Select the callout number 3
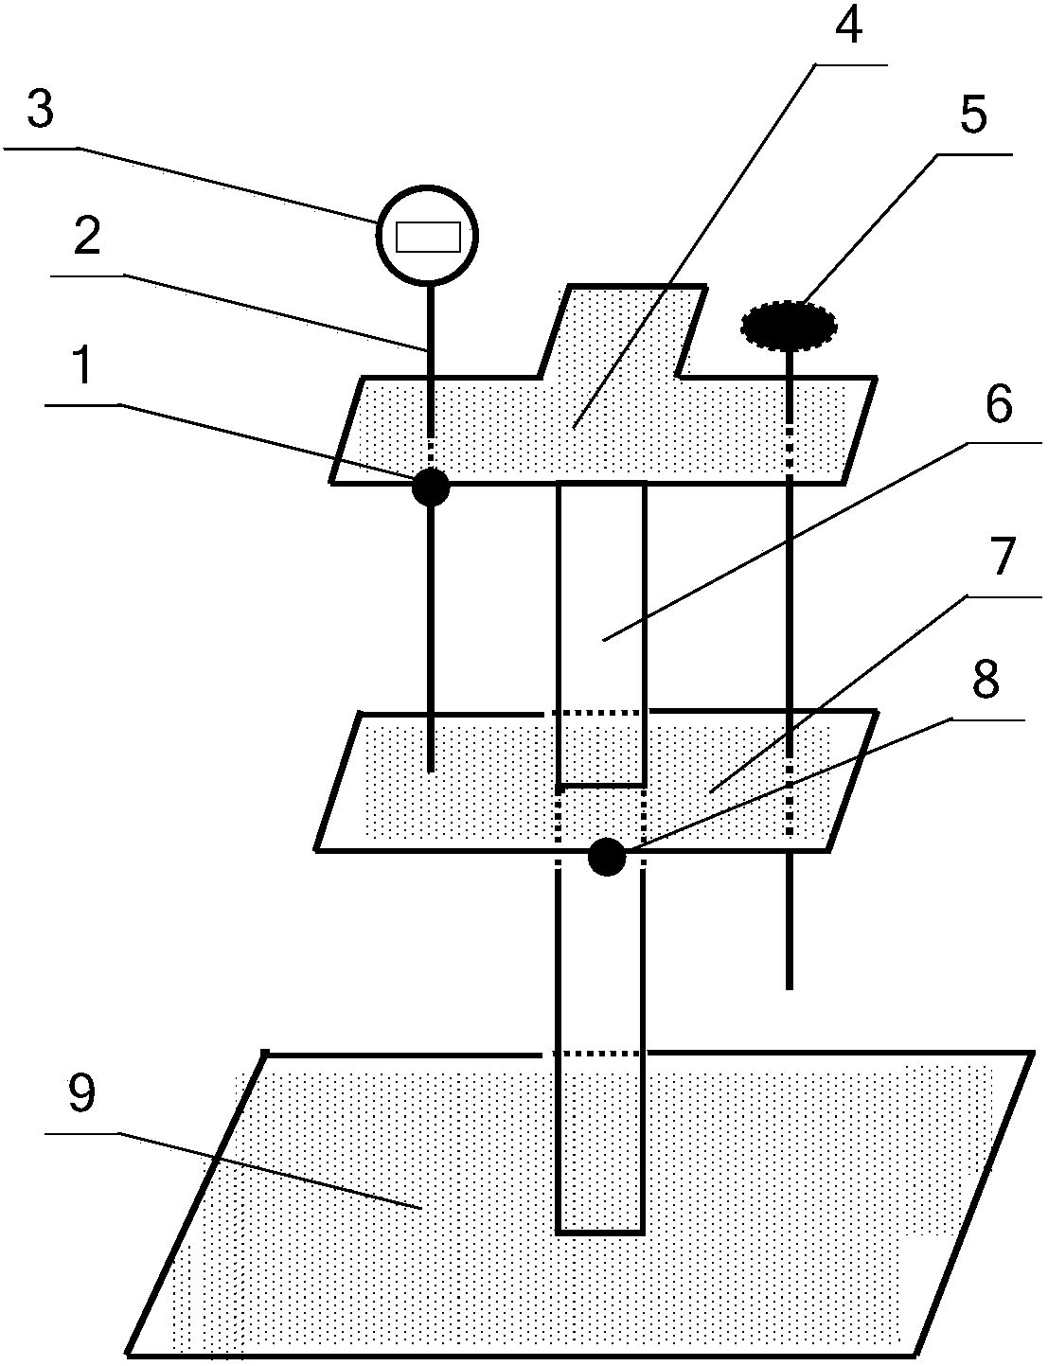click(40, 112)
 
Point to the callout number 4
click(846, 27)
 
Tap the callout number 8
click(986, 680)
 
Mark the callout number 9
click(81, 1094)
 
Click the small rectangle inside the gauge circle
click(428, 237)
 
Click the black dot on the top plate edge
click(430, 487)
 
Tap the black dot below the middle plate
click(607, 858)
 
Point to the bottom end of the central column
click(599, 1231)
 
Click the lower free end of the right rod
click(789, 987)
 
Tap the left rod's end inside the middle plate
click(431, 769)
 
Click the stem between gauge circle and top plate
click(431, 331)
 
